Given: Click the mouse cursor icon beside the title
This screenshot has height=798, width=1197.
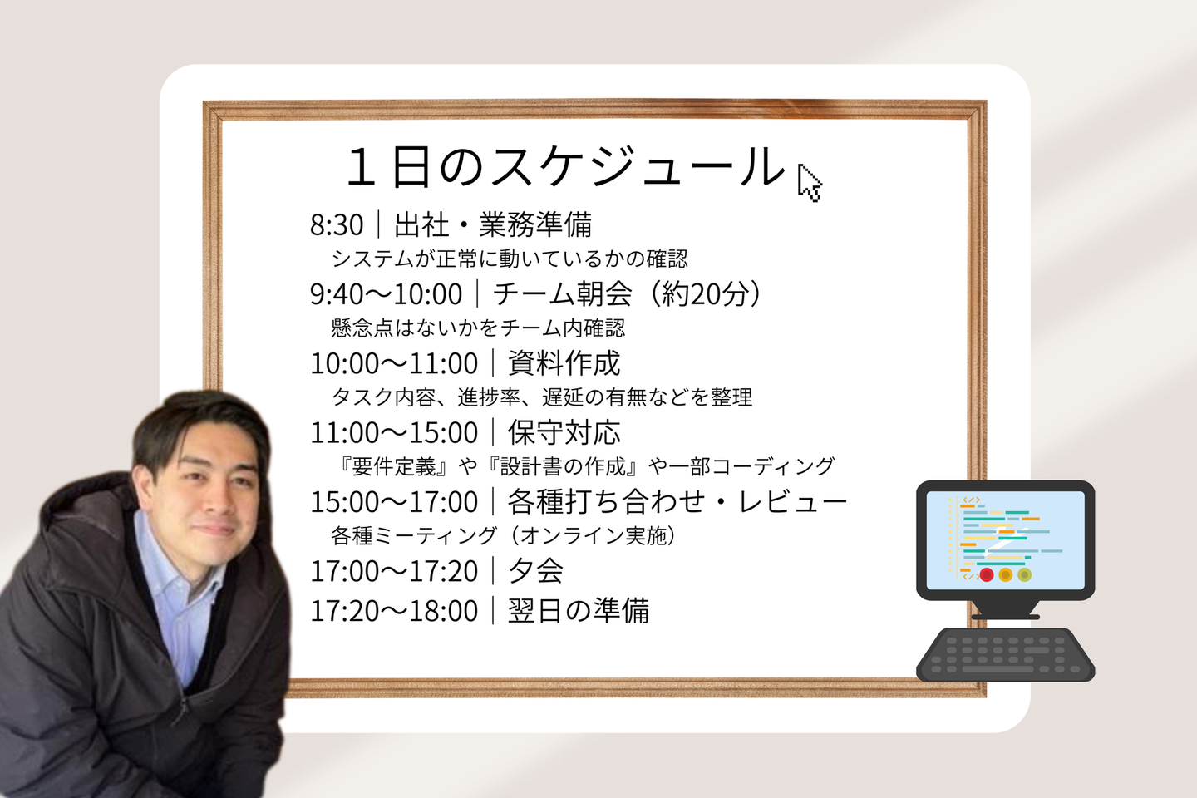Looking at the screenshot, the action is pos(810,183).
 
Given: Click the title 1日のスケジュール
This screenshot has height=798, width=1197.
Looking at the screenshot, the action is pos(565,167).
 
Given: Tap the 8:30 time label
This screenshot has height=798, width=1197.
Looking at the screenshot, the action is pos(337,224).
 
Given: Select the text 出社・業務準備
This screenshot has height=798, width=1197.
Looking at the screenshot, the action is pos(493,224).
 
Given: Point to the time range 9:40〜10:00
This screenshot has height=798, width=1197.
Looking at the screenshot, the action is pos(386,294).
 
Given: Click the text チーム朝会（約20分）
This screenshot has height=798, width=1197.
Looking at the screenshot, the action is pos(627,293).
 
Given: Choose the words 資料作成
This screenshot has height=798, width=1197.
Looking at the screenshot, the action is pos(564,363).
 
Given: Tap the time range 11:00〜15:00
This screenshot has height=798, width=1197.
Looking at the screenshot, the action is pos(394,432).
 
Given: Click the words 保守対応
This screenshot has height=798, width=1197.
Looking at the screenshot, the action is pos(564,432).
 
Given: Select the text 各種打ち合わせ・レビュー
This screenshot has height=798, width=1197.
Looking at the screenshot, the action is pos(677,501).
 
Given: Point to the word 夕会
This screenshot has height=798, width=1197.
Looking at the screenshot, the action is pos(535,570).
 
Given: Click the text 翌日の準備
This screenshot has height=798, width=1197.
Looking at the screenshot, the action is pos(579,610).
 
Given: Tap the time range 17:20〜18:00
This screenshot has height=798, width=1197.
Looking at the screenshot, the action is pos(394,611).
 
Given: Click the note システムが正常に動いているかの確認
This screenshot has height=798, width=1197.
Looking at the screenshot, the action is pos(510,259).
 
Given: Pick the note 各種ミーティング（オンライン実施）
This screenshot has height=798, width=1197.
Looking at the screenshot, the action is pos(503,535).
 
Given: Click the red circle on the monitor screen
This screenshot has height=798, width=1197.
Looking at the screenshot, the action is pos(987,575).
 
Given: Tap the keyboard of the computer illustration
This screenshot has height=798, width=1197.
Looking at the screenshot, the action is pos(1005,655).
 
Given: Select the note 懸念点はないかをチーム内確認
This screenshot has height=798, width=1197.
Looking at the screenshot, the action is pos(478,328).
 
